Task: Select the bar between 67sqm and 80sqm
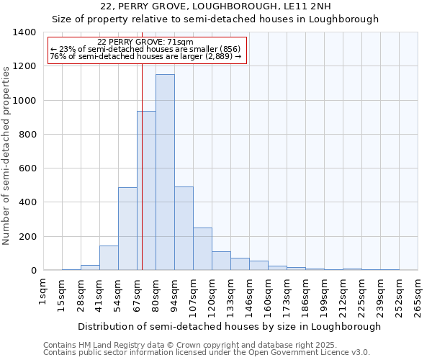[146, 191]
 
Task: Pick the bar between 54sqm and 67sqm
[127, 229]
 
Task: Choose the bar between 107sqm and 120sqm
[202, 249]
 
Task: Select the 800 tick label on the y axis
[27, 135]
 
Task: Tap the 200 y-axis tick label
[27, 237]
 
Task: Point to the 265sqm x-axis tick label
[418, 296]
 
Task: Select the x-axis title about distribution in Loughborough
[229, 326]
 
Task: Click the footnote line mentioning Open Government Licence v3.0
[207, 353]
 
